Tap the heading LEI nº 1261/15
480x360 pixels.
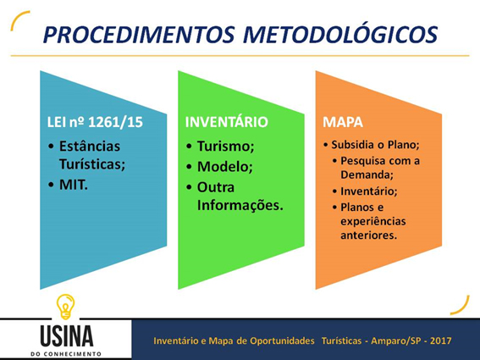coord(95,122)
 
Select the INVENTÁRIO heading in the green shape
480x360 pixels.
coord(227,122)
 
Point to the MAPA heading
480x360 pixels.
coord(343,122)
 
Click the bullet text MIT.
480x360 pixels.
coord(74,185)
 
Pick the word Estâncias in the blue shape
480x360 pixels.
coord(90,147)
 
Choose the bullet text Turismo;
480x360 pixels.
coord(226,147)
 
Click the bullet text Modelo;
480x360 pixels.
coord(225,167)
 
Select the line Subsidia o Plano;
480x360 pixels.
coord(375,145)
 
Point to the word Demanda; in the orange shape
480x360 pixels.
coord(367,174)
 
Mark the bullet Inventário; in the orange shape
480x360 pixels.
coord(369,191)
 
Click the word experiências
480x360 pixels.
coord(373,222)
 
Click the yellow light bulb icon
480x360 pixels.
coord(66,307)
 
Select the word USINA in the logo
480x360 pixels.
coord(66,336)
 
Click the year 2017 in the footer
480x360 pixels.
coord(440,341)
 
